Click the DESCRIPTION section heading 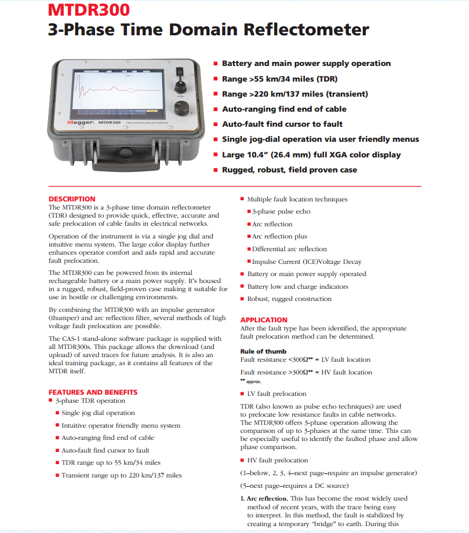tap(72, 199)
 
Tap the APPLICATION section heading tap(264, 319)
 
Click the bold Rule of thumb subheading tap(264, 351)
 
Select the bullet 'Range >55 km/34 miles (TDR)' tap(279, 79)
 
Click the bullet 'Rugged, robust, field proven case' tap(289, 170)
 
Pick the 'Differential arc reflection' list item tap(289, 249)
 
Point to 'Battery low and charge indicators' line tap(297, 286)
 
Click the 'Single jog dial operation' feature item tap(98, 413)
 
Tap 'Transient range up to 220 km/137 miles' tap(122, 475)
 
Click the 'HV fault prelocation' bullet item tap(277, 460)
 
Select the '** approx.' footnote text tap(250, 382)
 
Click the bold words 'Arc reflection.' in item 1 tap(267, 498)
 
